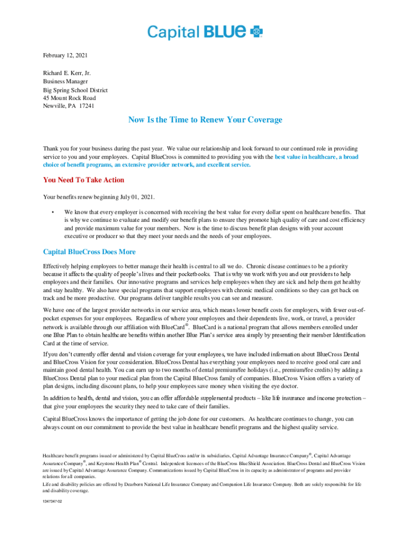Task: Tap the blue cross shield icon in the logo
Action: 258,32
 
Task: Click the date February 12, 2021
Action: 65,55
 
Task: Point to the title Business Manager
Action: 66,81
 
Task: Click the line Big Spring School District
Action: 75,90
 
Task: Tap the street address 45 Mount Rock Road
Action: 69,98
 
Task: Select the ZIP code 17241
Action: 87,106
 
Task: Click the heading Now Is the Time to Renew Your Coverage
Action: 205,120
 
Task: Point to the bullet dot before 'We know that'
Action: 52,212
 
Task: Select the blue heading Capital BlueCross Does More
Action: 89,252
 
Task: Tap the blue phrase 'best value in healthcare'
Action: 309,157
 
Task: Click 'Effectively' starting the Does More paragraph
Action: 57,266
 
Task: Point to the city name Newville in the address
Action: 54,106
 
